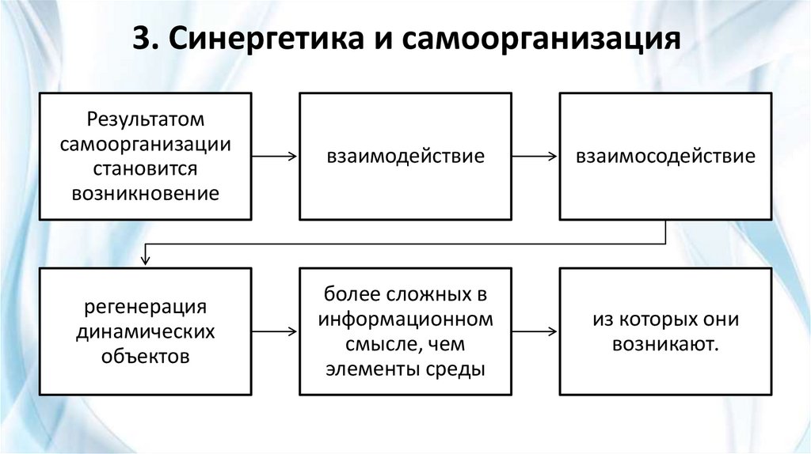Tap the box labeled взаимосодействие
click(665, 156)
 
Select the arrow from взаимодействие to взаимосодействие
click(535, 157)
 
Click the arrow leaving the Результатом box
click(275, 157)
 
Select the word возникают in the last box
click(665, 344)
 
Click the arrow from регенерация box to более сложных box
click(275, 331)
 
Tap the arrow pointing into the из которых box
click(535, 331)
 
